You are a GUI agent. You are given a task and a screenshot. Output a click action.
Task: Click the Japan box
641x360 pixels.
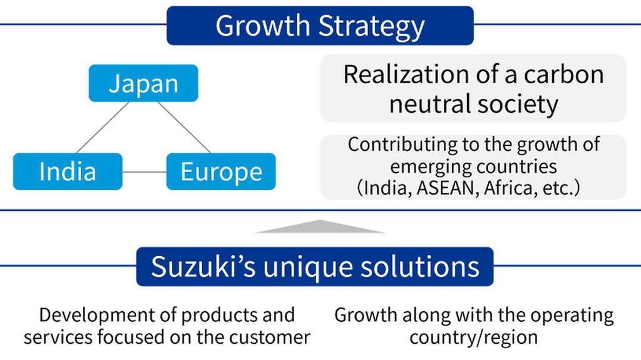pos(143,83)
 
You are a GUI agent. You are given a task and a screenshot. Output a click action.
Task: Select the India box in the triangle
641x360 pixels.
pos(68,172)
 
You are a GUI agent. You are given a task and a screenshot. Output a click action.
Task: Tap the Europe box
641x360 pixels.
pos(221,172)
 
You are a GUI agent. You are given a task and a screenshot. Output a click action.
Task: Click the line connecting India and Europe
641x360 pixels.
pos(145,172)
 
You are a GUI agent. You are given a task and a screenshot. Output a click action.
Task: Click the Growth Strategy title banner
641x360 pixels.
pos(320,26)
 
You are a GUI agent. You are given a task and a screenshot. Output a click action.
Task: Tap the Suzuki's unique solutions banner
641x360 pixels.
pos(315,266)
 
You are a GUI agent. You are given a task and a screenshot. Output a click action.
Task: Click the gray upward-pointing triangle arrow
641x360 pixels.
pos(320,227)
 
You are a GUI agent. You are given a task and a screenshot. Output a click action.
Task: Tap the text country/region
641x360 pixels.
pos(474,337)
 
